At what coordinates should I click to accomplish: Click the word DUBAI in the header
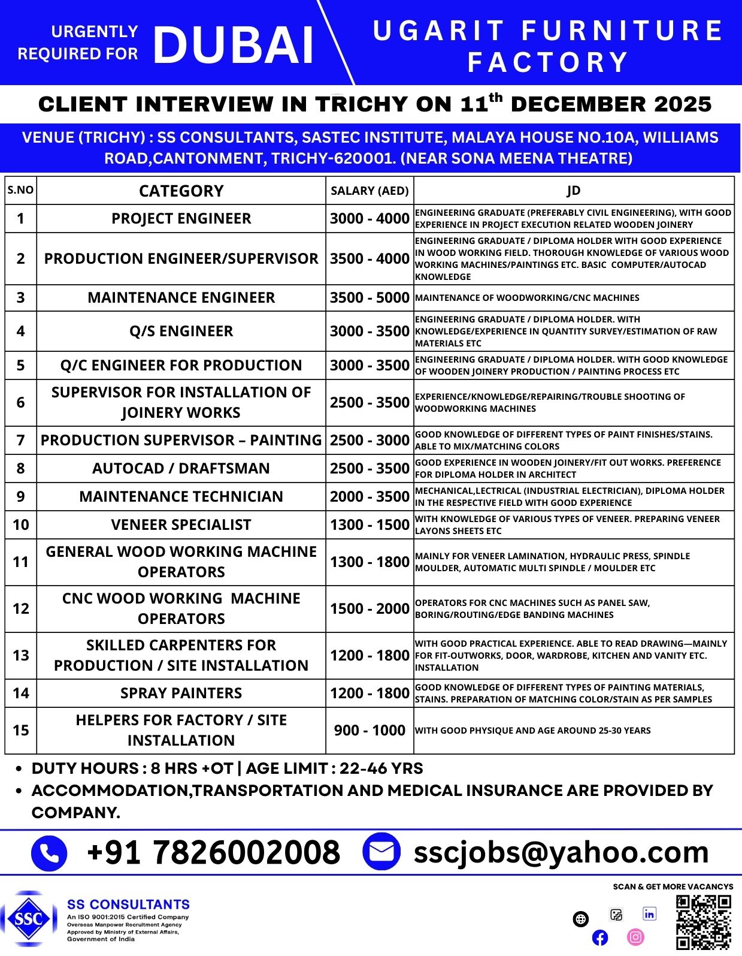coord(234,46)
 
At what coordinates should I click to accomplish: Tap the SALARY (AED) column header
coord(370,191)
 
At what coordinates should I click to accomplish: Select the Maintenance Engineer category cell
coord(181,298)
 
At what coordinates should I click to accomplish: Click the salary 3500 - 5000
coord(370,298)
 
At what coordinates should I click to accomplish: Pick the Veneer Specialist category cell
coord(181,524)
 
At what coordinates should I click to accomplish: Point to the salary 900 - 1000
coord(370,730)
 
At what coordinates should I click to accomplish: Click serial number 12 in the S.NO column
coord(21,608)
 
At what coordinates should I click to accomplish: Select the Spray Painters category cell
coord(181,693)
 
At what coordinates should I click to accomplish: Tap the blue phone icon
coord(49,852)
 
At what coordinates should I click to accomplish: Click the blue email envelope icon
coord(381,851)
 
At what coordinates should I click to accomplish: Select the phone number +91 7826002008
coord(213,852)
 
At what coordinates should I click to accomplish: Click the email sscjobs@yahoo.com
coord(561,852)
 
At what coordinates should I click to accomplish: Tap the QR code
coord(704,922)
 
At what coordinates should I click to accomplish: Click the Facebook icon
coord(599,937)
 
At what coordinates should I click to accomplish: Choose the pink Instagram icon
coord(635,936)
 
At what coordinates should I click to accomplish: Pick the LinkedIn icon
coord(649,914)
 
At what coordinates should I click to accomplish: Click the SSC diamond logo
coord(28,919)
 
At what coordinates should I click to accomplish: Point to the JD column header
coord(573,191)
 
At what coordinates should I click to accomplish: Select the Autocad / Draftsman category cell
coord(181,468)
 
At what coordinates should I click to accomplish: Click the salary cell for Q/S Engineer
coord(370,331)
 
